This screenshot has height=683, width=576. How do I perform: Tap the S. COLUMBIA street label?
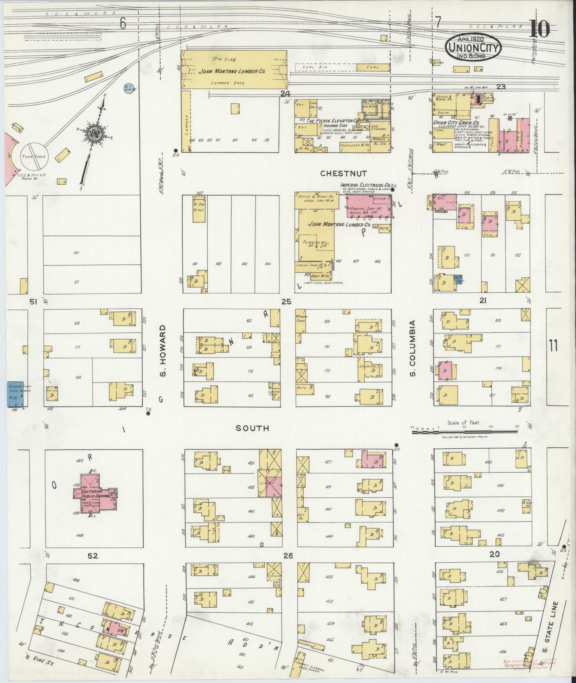[x=413, y=348]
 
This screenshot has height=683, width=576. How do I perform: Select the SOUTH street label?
[x=252, y=428]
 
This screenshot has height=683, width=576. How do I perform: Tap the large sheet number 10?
[x=540, y=29]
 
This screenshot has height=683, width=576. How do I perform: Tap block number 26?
[x=288, y=555]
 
